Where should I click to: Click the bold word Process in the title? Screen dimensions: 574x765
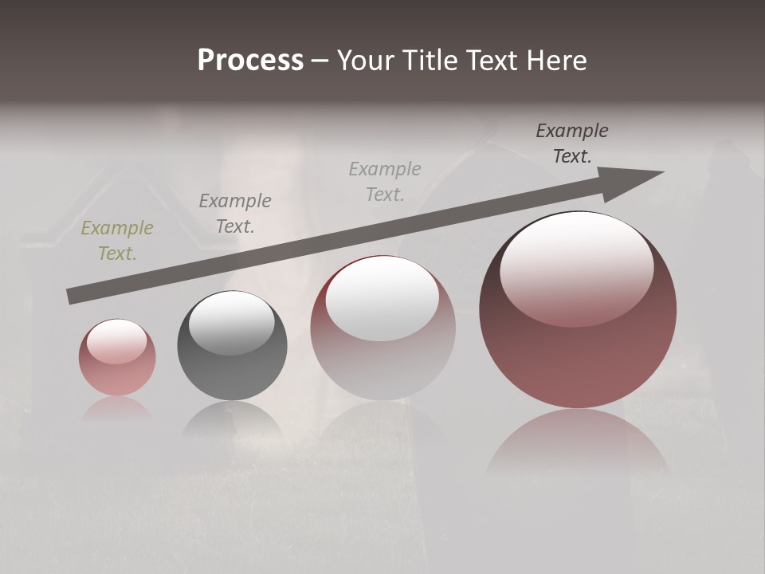click(250, 61)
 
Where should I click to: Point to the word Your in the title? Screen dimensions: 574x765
click(368, 61)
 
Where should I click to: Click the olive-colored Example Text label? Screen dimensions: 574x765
click(117, 241)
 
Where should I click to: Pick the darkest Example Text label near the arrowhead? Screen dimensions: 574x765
click(571, 143)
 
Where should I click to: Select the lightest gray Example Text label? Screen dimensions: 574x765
click(385, 181)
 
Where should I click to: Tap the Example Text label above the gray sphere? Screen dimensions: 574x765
click(235, 213)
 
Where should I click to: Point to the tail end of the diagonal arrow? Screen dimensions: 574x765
click(70, 297)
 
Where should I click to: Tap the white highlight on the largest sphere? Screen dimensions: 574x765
click(576, 267)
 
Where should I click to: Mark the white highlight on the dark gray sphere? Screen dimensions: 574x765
click(231, 323)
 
